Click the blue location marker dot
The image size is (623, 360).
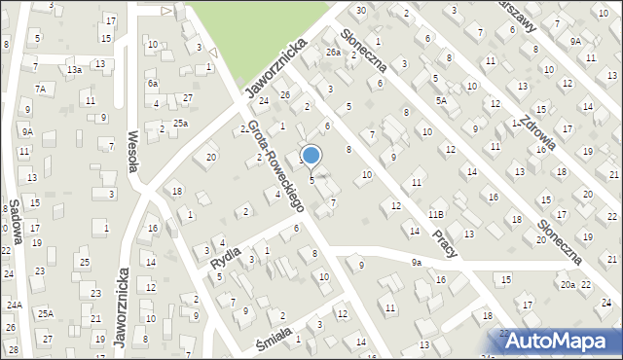click(x=311, y=155)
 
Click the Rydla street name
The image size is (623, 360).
click(x=225, y=256)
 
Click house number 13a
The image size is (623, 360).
click(x=74, y=70)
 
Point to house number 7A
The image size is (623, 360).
click(x=40, y=89)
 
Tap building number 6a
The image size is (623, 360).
click(x=153, y=84)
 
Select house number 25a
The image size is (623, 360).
click(x=180, y=123)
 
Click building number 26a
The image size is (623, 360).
click(x=333, y=52)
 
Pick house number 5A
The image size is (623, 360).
click(x=441, y=100)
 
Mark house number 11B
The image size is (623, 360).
click(x=436, y=214)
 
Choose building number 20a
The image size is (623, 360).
click(x=568, y=284)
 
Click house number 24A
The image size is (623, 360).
click(x=14, y=304)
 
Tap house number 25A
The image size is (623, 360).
click(x=45, y=313)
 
